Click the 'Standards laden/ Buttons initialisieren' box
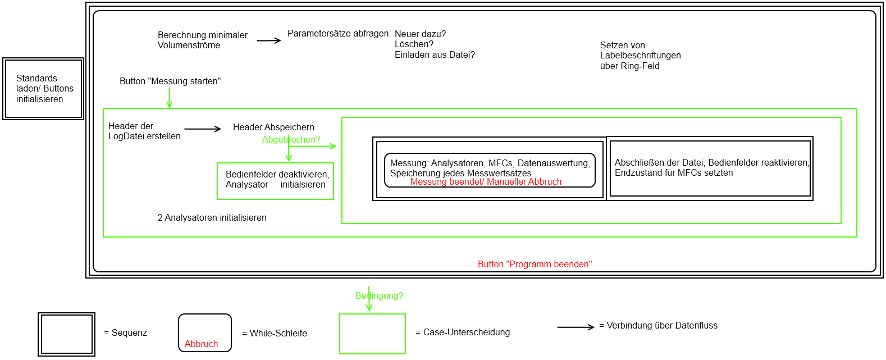pos(43,89)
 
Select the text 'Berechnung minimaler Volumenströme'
pos(202,40)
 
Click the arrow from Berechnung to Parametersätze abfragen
pos(268,40)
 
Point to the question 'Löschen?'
pos(414,44)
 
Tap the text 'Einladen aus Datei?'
pos(435,55)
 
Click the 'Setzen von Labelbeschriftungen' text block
pos(640,56)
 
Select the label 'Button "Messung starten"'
pos(170,81)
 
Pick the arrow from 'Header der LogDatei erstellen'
pos(203,129)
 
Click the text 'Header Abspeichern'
pos(273,127)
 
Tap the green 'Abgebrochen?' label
pos(291,140)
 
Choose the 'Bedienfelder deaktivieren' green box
pos(275,181)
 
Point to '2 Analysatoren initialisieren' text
pos(212,218)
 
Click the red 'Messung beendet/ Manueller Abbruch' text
pos(486,182)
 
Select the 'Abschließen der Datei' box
pos(710,168)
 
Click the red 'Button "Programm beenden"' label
pos(535,265)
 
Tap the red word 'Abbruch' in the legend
pos(201,344)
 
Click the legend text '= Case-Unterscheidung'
pos(463,332)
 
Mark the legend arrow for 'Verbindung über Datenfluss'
pos(576,327)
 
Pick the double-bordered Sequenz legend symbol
pos(66,334)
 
